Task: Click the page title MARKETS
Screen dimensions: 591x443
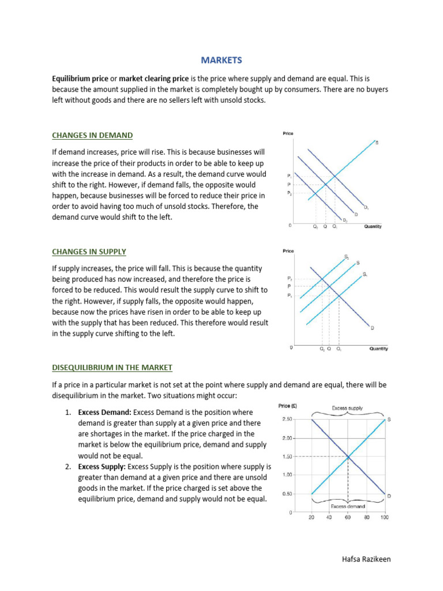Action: coord(221,60)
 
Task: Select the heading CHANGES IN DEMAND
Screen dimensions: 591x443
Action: coord(92,135)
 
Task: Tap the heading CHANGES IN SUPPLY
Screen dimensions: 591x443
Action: coord(89,252)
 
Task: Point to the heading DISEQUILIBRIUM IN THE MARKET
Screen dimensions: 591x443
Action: coord(112,367)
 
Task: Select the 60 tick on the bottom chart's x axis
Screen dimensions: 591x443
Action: coord(348,517)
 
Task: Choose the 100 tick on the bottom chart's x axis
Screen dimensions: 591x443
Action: coord(385,517)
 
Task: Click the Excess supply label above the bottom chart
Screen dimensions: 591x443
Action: coord(347,408)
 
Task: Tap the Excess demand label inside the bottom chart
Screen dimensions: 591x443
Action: coord(348,506)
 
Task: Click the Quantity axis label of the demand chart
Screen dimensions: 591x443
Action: coord(373,226)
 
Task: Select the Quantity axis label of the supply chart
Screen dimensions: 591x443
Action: coord(378,349)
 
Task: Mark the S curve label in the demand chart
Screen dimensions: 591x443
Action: coord(377,142)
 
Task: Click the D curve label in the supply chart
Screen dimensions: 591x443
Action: coord(372,328)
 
